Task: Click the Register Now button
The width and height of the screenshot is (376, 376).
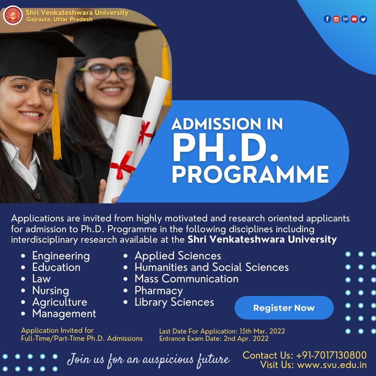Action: (284, 308)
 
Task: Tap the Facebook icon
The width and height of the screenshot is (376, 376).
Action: (327, 19)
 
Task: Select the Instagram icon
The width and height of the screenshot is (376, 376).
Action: (336, 19)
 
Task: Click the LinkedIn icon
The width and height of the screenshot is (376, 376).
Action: (345, 19)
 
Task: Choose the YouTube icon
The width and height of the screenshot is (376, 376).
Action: (354, 19)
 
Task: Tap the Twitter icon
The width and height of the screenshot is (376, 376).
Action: (363, 19)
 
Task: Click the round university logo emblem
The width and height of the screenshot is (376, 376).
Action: (13, 15)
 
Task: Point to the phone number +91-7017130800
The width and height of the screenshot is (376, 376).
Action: (331, 355)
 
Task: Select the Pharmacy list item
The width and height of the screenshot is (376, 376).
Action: (158, 290)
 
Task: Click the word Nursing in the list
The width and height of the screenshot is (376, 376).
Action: (50, 290)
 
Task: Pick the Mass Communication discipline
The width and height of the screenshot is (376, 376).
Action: (186, 279)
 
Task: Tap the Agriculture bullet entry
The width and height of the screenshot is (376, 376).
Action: (60, 302)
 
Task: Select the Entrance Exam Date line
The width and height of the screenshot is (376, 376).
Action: (214, 338)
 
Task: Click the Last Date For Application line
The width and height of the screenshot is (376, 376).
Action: (222, 331)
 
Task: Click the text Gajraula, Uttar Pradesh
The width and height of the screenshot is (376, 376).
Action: (60, 19)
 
